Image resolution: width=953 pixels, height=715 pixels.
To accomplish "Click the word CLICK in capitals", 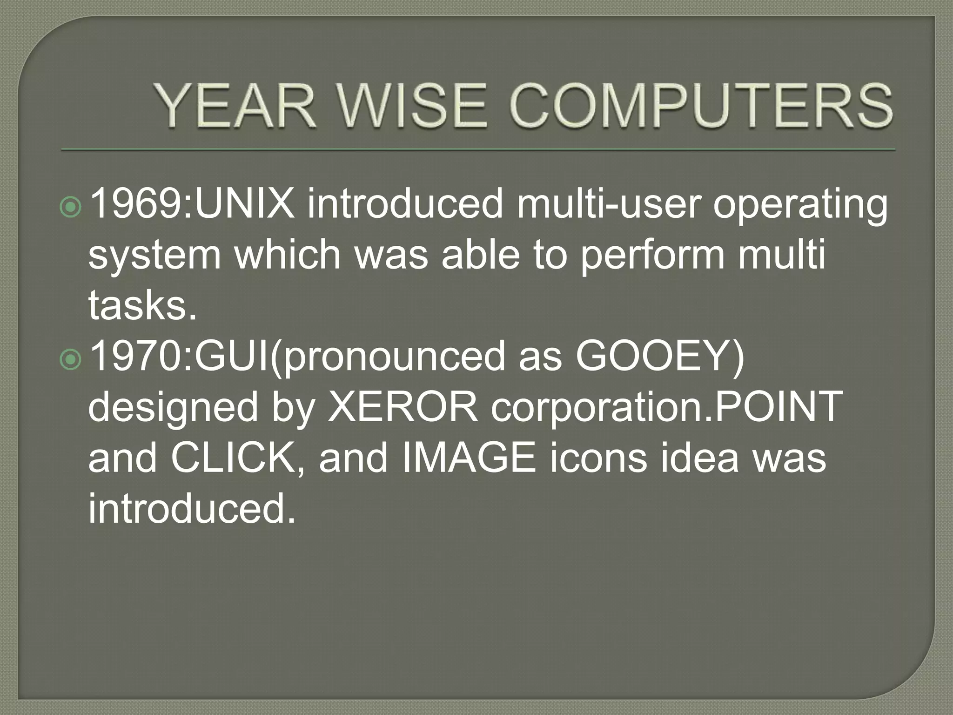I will click(x=233, y=458).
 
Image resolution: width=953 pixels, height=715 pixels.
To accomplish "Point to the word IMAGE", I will click(x=468, y=458).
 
